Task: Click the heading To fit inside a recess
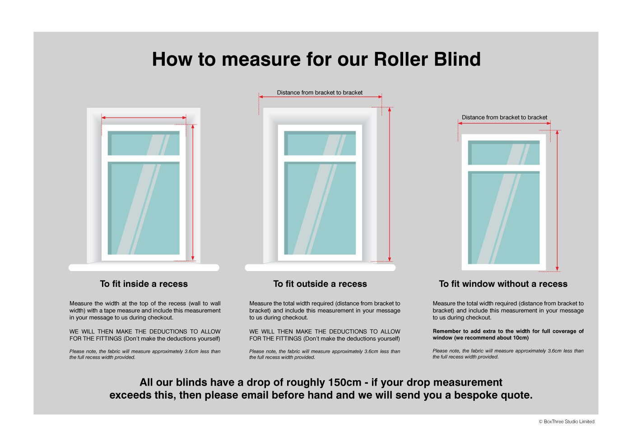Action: click(x=144, y=284)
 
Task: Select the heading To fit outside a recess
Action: click(x=320, y=284)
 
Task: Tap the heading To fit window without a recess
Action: click(x=503, y=284)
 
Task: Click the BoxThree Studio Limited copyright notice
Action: click(x=567, y=422)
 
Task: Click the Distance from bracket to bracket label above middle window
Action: click(x=320, y=92)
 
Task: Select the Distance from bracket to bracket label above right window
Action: click(x=505, y=117)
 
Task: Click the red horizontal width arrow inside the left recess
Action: click(x=144, y=118)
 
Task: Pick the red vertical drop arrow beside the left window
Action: click(x=193, y=192)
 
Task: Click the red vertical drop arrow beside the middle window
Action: click(x=389, y=184)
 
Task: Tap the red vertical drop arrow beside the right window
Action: click(x=557, y=201)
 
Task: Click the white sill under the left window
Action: click(x=144, y=267)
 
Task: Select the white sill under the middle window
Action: click(x=320, y=267)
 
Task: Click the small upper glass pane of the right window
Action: click(x=504, y=152)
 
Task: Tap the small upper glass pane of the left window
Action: click(x=144, y=143)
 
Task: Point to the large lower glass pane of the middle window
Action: click(x=320, y=208)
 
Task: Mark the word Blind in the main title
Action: click(x=457, y=59)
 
